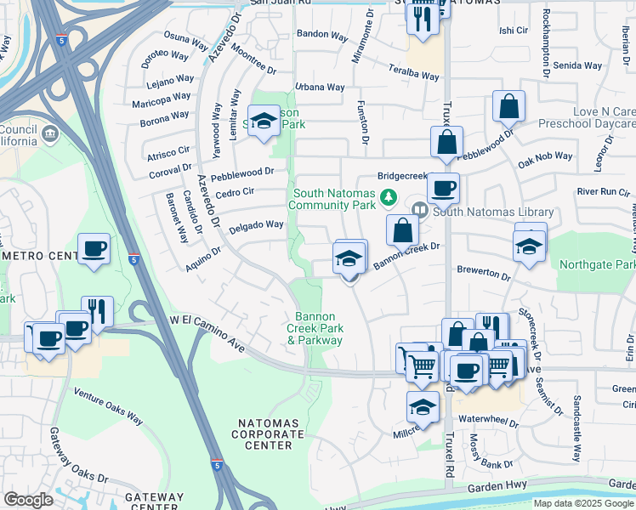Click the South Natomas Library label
click(x=493, y=212)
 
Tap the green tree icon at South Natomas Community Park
click(x=389, y=197)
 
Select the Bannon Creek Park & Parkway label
click(x=314, y=328)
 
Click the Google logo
click(x=28, y=500)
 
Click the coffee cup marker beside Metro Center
click(x=94, y=250)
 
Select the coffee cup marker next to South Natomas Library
click(x=442, y=189)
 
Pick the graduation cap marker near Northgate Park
click(x=530, y=247)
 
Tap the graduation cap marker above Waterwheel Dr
click(x=423, y=408)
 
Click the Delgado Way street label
click(x=256, y=225)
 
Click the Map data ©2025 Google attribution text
click(x=584, y=503)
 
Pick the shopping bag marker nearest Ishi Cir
click(x=508, y=107)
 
